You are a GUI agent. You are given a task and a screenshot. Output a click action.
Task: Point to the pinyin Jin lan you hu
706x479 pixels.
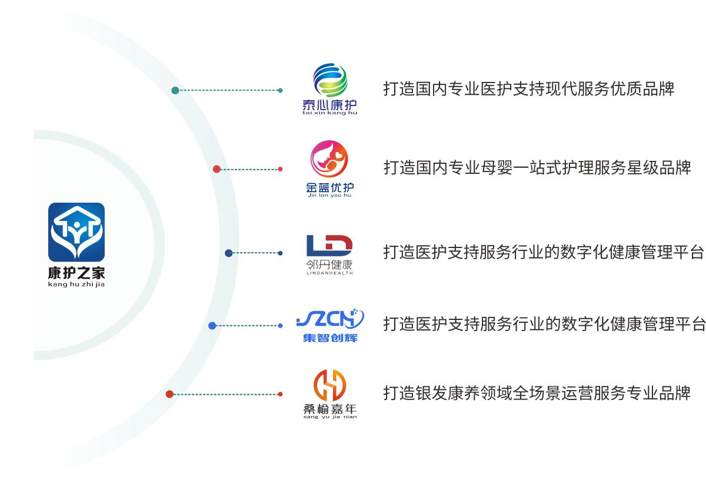click(x=329, y=195)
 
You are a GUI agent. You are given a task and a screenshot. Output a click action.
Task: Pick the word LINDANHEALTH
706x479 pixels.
click(x=329, y=273)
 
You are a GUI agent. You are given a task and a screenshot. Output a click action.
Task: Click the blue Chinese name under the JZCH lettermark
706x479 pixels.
click(x=329, y=338)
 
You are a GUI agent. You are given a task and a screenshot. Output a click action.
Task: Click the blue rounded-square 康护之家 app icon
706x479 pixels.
click(x=76, y=232)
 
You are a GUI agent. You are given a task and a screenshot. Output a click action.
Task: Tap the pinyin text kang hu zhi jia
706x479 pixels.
click(x=76, y=285)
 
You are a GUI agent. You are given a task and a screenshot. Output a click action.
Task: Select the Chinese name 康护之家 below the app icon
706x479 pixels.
click(x=76, y=273)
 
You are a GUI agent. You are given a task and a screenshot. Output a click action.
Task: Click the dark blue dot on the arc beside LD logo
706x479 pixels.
click(x=229, y=253)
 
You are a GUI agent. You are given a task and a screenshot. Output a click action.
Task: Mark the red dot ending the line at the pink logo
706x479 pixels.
click(x=281, y=169)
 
